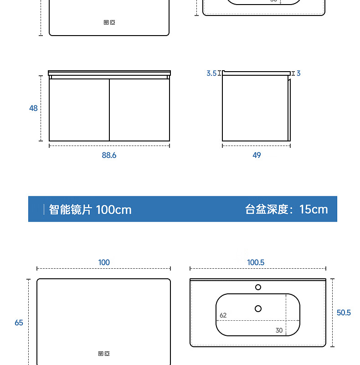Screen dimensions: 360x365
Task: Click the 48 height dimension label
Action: coord(33,109)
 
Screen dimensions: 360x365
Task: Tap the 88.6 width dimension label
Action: coord(109,155)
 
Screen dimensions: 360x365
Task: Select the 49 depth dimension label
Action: coord(257,155)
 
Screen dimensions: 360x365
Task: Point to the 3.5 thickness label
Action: coord(211,73)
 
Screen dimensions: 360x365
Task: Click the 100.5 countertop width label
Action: coord(256,262)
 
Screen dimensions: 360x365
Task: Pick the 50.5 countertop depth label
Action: coord(344,313)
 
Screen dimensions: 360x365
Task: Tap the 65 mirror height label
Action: coord(19,323)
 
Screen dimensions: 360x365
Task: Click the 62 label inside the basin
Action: coord(223,315)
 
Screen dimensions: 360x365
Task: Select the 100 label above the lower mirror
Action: coord(104,262)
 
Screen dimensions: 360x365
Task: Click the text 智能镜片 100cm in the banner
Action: coord(90,209)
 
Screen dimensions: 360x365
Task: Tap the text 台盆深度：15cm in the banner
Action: coord(286,209)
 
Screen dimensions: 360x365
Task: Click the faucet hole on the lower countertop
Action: coord(258,287)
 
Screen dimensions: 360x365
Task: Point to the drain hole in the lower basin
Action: coord(258,309)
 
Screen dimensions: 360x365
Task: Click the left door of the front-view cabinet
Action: coord(79,109)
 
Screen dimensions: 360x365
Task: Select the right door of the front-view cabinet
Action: coord(139,109)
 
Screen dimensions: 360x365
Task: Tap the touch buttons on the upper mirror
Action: coord(109,21)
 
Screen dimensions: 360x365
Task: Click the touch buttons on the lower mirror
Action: coord(103,354)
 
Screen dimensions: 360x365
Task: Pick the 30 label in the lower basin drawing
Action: coord(279,330)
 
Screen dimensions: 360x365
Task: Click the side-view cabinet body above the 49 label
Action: coord(255,108)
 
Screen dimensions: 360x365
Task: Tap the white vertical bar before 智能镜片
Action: coord(44,209)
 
